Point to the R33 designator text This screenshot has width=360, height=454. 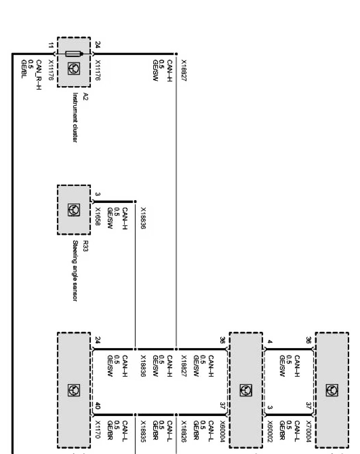[x=85, y=246]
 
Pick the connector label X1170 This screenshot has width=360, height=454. [x=98, y=428]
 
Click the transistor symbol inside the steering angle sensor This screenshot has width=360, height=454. [x=75, y=210]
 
